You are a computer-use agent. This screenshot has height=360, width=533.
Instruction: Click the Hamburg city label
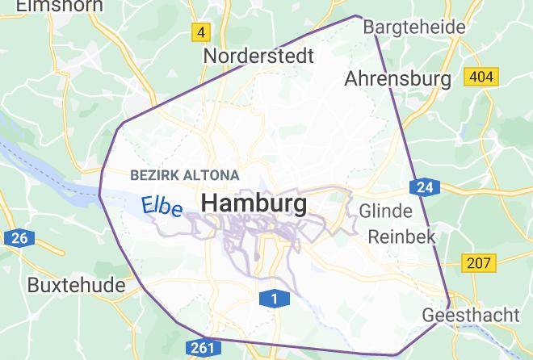(254, 203)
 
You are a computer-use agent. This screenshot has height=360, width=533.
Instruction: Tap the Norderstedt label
(258, 57)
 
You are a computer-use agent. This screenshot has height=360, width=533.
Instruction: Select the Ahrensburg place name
(397, 79)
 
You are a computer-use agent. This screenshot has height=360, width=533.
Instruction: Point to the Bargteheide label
(414, 27)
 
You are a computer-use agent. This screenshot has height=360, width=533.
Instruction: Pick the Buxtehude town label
(76, 285)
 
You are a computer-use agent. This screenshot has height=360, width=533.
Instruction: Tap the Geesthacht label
(471, 315)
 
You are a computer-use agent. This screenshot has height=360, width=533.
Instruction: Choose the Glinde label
(385, 211)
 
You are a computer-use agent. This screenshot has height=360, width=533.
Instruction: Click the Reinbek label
(401, 237)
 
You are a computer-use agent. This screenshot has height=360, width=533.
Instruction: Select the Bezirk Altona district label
(184, 175)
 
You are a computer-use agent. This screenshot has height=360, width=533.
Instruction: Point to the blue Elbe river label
(162, 206)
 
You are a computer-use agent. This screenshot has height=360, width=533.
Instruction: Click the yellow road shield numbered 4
(201, 33)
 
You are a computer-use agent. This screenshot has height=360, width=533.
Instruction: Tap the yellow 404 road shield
(481, 77)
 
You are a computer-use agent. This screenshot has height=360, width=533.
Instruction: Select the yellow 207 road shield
(479, 263)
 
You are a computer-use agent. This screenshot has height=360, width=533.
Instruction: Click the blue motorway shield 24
(425, 188)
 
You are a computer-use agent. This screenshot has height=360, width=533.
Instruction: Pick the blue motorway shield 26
(19, 238)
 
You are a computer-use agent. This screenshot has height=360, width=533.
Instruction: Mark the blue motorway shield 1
(275, 299)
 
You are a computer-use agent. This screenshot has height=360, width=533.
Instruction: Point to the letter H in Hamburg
(209, 203)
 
